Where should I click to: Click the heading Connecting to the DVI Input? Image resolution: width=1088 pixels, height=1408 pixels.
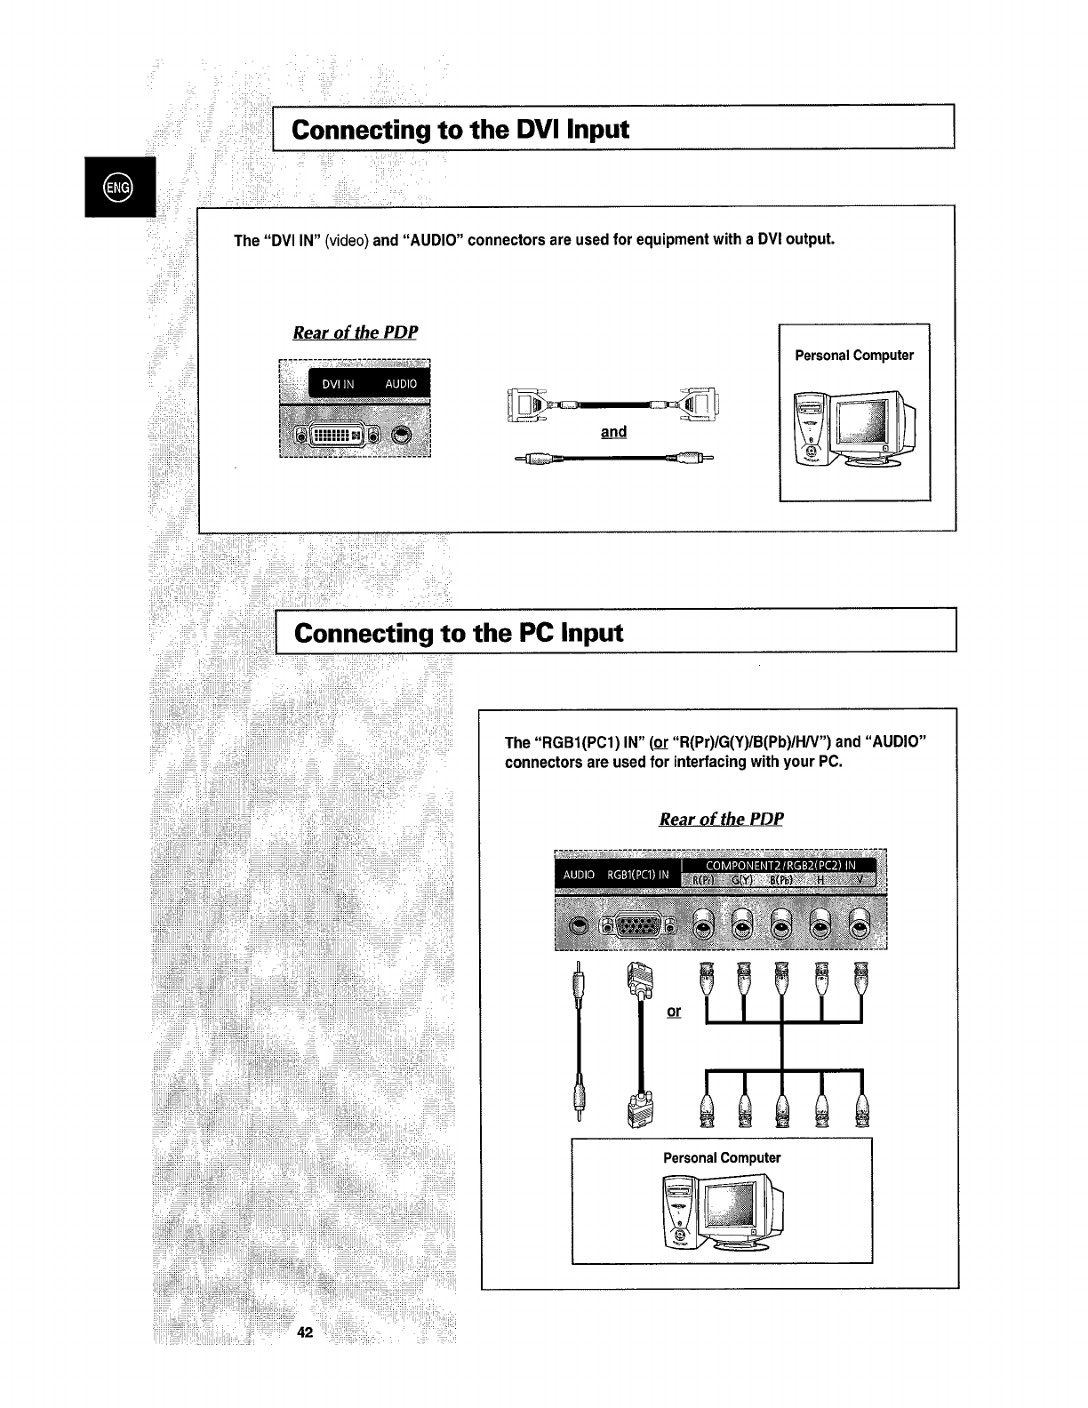click(x=460, y=130)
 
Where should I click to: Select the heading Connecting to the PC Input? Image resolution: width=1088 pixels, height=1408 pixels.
click(x=459, y=633)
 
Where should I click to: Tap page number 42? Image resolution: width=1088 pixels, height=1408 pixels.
click(x=306, y=1332)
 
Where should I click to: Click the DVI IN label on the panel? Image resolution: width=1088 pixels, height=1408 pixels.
click(x=338, y=384)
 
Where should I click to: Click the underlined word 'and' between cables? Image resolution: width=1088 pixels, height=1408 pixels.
click(x=613, y=432)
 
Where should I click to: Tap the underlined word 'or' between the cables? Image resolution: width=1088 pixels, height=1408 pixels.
click(x=674, y=1012)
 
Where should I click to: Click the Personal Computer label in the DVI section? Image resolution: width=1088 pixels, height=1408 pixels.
click(x=854, y=356)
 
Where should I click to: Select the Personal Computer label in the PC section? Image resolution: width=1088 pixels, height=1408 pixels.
click(x=722, y=1157)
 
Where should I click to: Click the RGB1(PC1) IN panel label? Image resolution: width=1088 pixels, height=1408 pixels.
click(x=637, y=875)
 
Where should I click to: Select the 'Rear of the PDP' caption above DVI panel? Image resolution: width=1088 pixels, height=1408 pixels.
click(x=355, y=332)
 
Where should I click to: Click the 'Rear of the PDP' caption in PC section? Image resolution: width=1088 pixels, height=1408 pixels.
click(x=721, y=819)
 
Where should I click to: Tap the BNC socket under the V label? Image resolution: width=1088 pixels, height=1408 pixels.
click(x=859, y=927)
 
